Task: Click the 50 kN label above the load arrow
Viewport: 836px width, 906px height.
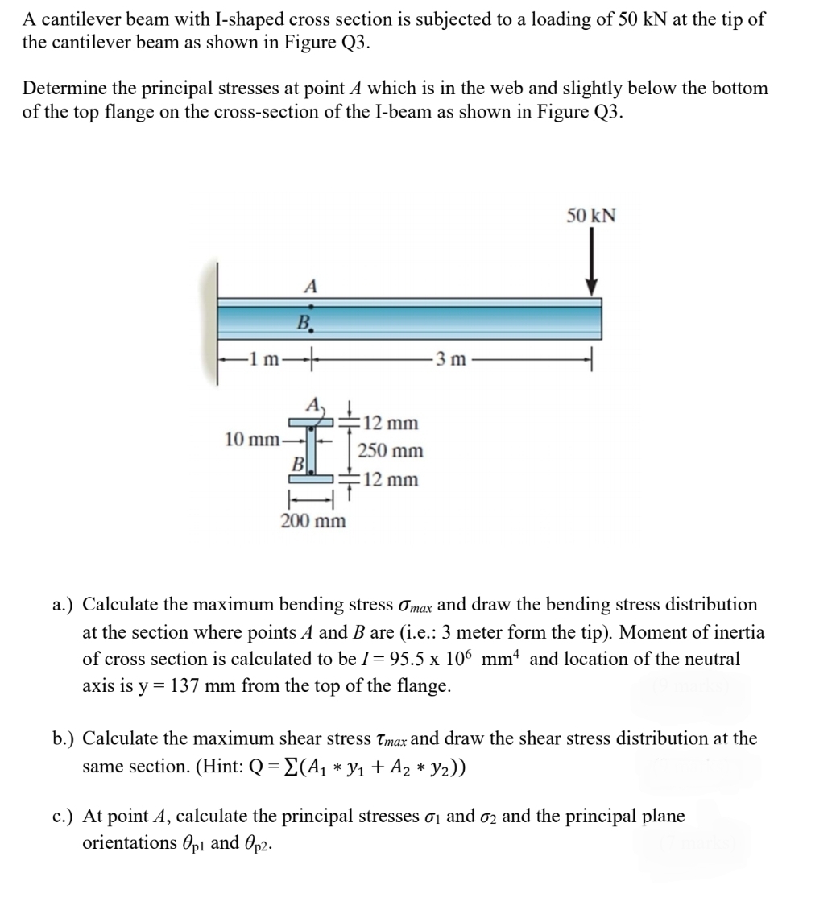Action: click(x=590, y=216)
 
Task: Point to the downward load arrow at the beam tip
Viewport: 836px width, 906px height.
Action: click(x=592, y=263)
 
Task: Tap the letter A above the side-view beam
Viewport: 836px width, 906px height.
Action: click(x=310, y=286)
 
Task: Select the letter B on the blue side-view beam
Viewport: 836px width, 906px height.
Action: click(x=304, y=324)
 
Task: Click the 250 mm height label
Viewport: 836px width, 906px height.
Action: click(x=391, y=451)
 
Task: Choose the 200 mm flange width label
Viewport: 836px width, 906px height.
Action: click(x=313, y=520)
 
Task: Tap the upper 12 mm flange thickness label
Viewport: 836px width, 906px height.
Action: click(x=391, y=423)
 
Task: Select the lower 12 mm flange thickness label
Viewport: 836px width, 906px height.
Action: click(x=391, y=480)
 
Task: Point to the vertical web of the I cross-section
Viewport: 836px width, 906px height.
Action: click(x=311, y=450)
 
